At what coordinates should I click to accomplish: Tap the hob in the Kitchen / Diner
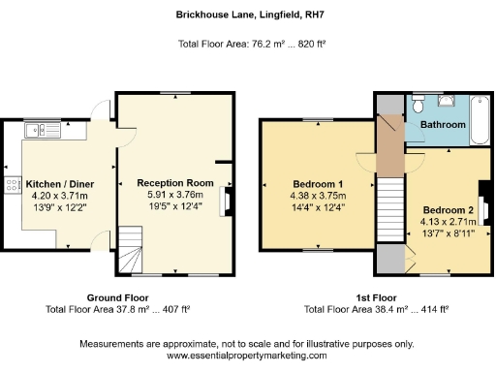coord(13,184)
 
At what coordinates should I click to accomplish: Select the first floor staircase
coord(388,208)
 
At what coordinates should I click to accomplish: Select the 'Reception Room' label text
coord(174,182)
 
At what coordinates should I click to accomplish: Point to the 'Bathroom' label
coord(443,125)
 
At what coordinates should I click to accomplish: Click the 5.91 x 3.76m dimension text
coord(174,194)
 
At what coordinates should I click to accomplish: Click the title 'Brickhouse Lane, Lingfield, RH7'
coord(247,15)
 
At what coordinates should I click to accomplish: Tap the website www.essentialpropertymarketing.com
coord(247,356)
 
